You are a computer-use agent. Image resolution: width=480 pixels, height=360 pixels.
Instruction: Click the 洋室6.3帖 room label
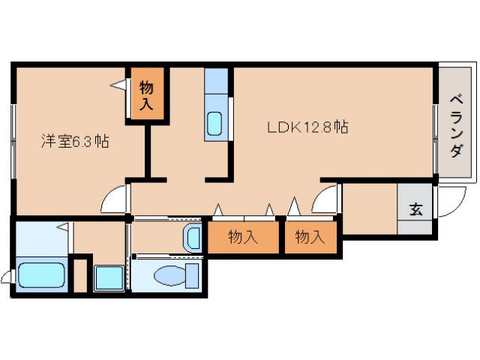[x=74, y=141]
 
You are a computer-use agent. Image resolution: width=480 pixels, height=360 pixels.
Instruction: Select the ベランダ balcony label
[x=456, y=124]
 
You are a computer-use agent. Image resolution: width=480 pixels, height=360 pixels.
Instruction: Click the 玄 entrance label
[x=415, y=209]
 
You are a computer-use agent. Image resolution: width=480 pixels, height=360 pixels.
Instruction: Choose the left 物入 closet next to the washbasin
[x=242, y=238]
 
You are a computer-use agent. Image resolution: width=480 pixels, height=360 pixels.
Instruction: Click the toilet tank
[x=192, y=274]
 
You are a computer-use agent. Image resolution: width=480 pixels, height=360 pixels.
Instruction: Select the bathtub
[x=41, y=274]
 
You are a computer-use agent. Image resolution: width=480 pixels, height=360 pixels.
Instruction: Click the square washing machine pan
[x=109, y=278]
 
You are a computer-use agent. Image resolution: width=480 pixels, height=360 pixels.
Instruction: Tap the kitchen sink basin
[x=216, y=123]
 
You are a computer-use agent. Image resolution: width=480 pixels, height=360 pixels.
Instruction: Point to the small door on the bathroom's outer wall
[x=7, y=278]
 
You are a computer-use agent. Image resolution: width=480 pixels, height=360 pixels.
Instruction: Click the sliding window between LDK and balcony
[x=436, y=124]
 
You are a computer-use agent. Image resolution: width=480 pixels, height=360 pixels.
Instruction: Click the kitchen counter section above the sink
[x=216, y=82]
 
